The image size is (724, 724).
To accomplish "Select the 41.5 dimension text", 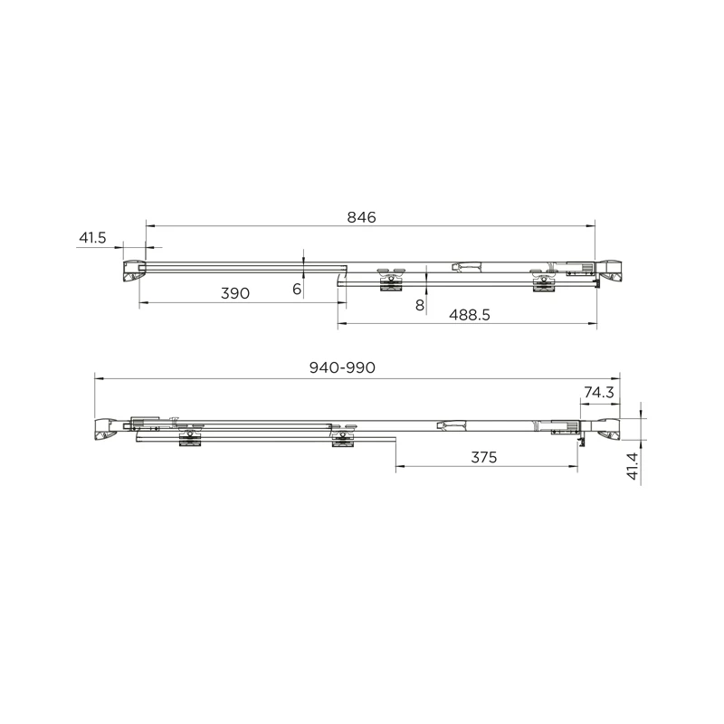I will pos(93,238).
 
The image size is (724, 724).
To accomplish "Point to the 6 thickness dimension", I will pos(297,289).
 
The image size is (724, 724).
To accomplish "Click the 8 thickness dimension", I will pos(420,305).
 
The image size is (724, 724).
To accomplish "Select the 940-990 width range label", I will pos(341,367).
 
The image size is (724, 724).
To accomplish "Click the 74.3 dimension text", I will pos(599,392).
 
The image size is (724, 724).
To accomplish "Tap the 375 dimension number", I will pos(484,457).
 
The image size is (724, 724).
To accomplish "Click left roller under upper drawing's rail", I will pos(390,280).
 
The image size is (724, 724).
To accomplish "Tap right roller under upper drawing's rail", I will pos(542,281).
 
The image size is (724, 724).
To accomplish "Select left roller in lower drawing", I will pos(190,436).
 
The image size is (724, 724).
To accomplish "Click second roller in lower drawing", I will pos(342,436).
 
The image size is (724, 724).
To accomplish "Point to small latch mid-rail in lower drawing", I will pos(450,424).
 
